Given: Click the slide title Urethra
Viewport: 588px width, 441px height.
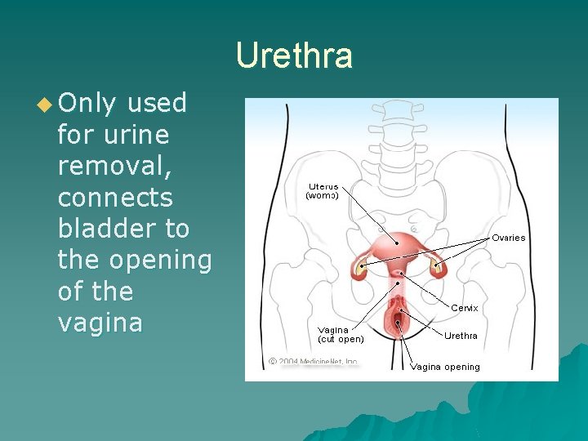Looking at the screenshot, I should click(x=294, y=56).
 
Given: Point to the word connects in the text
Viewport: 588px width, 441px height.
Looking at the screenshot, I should click(x=115, y=198).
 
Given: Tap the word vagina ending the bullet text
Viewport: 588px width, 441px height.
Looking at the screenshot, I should click(x=100, y=323).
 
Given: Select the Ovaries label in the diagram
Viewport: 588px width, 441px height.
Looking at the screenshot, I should click(x=508, y=238).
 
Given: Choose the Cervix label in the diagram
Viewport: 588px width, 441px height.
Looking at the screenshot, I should click(x=465, y=308).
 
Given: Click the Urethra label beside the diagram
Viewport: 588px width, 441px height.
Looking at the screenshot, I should click(x=461, y=336).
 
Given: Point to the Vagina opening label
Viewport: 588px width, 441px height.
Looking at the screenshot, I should click(x=445, y=367).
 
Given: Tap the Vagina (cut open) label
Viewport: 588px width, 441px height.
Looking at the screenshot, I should click(x=341, y=335).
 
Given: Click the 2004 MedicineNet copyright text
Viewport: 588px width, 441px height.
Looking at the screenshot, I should click(x=314, y=361).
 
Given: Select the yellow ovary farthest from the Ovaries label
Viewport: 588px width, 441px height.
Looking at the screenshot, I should click(x=361, y=266).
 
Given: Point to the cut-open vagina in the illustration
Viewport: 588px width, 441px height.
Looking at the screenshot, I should click(x=398, y=323).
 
